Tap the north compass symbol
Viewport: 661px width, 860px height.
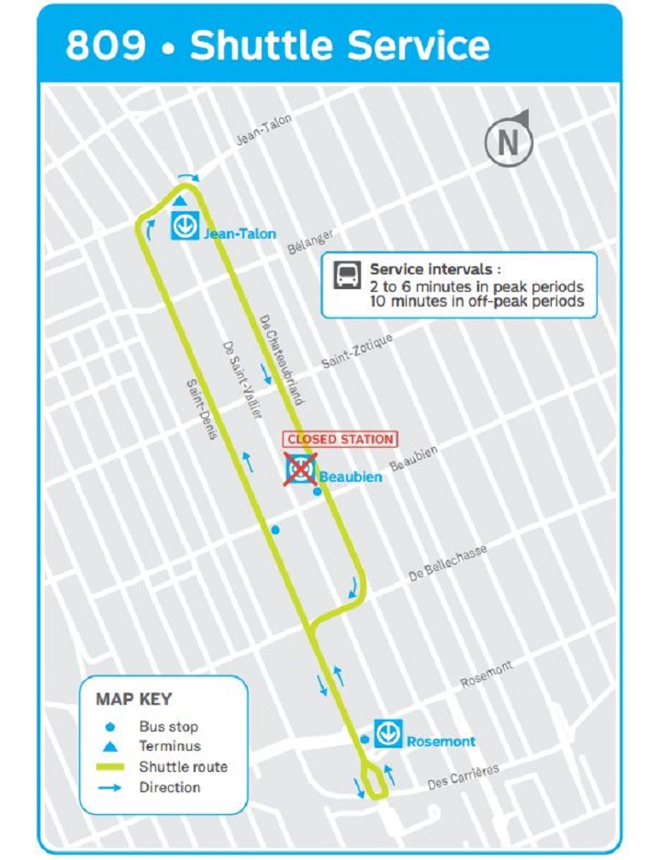[508, 140]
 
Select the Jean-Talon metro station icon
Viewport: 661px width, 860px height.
[185, 226]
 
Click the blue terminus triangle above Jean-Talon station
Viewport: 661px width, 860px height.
[181, 201]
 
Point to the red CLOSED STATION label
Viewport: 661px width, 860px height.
[340, 440]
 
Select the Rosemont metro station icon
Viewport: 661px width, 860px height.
[389, 733]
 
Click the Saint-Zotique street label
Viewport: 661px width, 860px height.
[357, 352]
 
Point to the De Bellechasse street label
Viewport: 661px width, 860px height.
[448, 561]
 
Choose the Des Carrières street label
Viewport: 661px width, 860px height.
[464, 777]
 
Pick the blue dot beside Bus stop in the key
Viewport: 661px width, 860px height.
[110, 727]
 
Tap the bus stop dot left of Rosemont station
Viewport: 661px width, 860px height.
[364, 739]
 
